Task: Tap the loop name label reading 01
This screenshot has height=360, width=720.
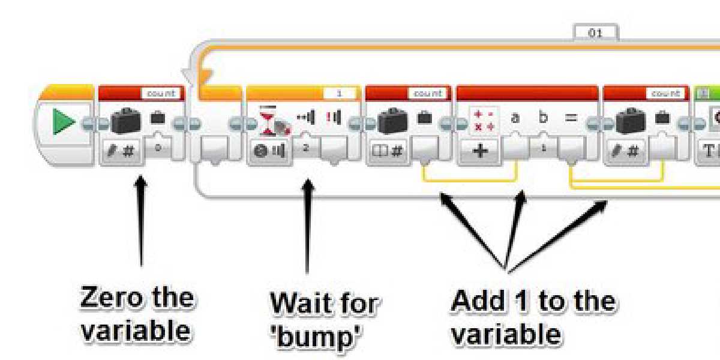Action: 595,34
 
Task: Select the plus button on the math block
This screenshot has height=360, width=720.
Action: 481,151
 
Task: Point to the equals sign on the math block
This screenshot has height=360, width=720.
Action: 571,118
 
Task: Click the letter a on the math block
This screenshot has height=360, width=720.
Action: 515,118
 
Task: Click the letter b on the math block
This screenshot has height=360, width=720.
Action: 543,118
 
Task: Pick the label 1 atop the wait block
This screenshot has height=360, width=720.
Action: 339,94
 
